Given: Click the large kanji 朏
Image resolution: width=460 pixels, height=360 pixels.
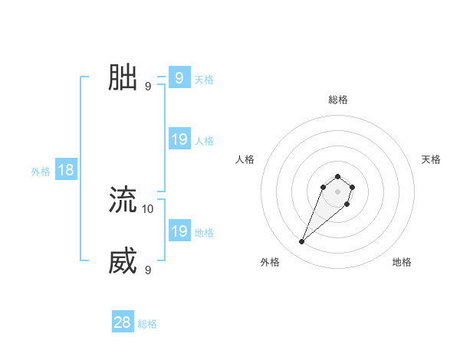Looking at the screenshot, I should pyautogui.click(x=123, y=77).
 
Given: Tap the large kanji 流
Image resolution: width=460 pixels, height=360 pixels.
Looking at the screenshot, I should pyautogui.click(x=123, y=200).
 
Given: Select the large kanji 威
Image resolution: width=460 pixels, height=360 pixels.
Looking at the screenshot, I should pyautogui.click(x=123, y=261).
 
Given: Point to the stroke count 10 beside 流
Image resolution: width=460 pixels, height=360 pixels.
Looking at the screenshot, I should pyautogui.click(x=148, y=208).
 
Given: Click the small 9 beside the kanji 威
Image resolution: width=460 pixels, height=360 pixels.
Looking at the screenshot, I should pyautogui.click(x=148, y=270).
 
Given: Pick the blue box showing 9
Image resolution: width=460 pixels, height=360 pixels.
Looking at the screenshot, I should pyautogui.click(x=179, y=78).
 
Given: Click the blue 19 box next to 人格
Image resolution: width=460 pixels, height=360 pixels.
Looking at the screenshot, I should pyautogui.click(x=179, y=139).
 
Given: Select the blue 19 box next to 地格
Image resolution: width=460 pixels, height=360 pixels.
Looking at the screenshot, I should pyautogui.click(x=179, y=231).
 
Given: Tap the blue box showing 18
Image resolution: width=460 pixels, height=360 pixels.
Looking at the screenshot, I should pyautogui.click(x=66, y=170).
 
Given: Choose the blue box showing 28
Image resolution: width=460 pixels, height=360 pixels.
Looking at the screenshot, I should pyautogui.click(x=123, y=322).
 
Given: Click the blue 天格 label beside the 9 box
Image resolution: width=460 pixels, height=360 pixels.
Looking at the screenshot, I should pyautogui.click(x=204, y=80).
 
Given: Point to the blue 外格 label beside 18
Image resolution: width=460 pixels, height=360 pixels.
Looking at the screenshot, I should pyautogui.click(x=41, y=172).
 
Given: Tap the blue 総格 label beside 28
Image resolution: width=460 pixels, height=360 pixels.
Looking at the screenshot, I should pyautogui.click(x=147, y=324).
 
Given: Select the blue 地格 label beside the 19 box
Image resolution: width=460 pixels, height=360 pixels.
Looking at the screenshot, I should pyautogui.click(x=204, y=233).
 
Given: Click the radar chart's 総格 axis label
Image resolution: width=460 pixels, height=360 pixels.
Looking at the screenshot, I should pyautogui.click(x=337, y=100).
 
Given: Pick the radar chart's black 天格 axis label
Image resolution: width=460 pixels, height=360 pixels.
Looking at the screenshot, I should pyautogui.click(x=431, y=159).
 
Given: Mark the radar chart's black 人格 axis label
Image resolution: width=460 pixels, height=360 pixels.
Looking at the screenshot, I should pyautogui.click(x=245, y=159).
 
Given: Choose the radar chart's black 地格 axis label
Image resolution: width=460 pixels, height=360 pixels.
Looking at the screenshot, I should pyautogui.click(x=402, y=262).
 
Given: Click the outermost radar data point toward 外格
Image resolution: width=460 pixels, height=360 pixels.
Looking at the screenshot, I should pyautogui.click(x=302, y=242).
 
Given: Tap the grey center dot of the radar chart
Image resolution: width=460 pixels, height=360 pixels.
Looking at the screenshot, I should pyautogui.click(x=337, y=191).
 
